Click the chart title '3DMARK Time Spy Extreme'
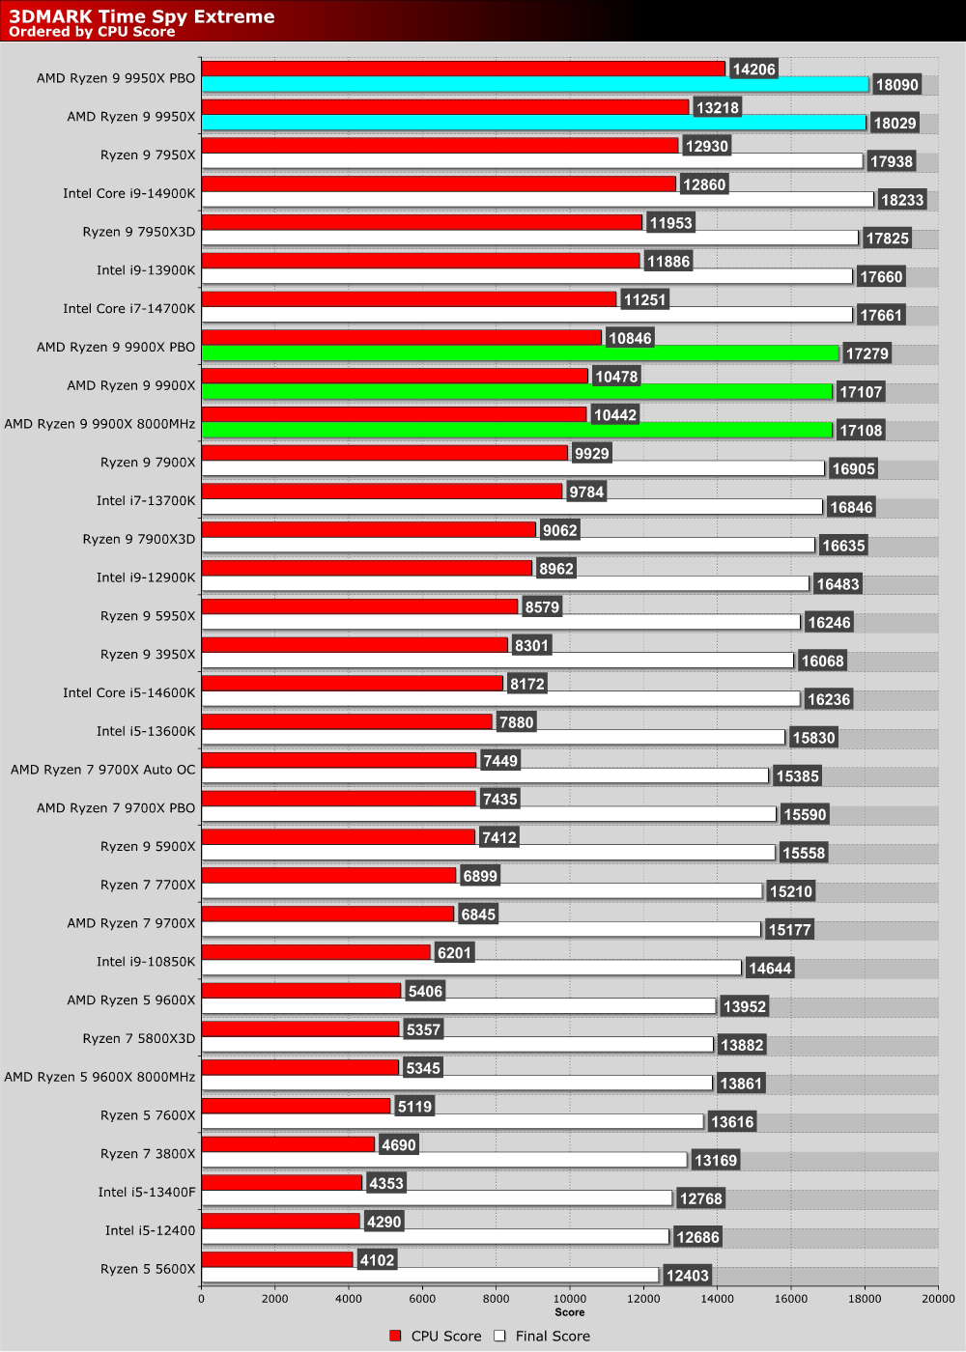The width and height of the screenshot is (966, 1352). click(x=142, y=15)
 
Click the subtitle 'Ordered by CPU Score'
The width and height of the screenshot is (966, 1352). click(x=92, y=32)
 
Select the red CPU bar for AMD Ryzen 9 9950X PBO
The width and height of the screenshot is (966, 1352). click(x=463, y=69)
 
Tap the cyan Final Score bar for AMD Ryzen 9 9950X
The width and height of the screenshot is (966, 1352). click(x=533, y=123)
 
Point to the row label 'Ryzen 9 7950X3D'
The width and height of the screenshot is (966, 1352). click(x=138, y=232)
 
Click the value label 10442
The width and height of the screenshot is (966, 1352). click(x=614, y=414)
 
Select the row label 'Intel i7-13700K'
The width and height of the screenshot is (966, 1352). click(x=145, y=500)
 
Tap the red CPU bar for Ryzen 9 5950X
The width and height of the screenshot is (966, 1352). click(x=359, y=606)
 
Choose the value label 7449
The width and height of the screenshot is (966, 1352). click(x=500, y=761)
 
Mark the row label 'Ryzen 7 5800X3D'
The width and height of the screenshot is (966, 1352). click(x=138, y=1038)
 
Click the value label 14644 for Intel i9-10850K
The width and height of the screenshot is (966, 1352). click(x=770, y=968)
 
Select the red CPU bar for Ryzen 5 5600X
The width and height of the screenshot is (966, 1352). click(x=277, y=1259)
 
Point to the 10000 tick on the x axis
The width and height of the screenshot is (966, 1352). click(x=569, y=1299)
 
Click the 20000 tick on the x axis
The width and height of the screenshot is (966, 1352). click(x=937, y=1299)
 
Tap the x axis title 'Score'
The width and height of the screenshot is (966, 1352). click(x=569, y=1311)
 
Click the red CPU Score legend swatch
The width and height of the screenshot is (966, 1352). click(x=395, y=1336)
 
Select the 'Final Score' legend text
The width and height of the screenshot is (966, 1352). click(x=552, y=1336)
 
